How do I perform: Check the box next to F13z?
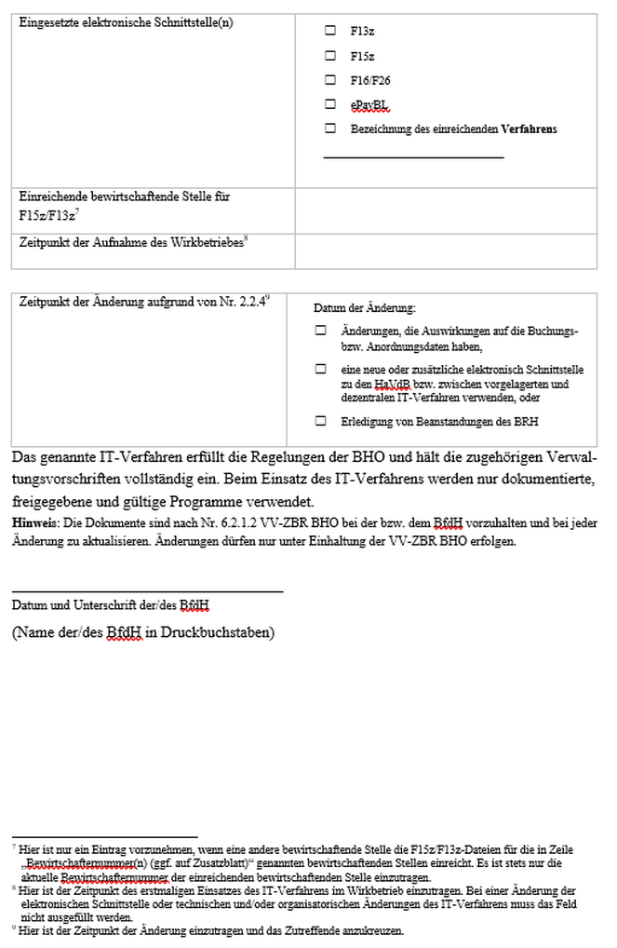click(x=330, y=31)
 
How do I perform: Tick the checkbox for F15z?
click(x=330, y=55)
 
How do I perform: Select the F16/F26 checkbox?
click(x=330, y=79)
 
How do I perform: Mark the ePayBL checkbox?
click(x=330, y=104)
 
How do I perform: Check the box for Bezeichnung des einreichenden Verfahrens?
click(x=330, y=129)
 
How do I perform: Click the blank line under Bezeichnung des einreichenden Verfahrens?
click(x=413, y=156)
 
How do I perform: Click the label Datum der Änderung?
click(x=364, y=308)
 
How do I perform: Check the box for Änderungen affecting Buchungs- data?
click(x=320, y=331)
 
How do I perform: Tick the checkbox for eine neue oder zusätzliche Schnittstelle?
click(x=320, y=369)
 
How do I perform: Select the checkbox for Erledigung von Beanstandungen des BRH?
click(x=320, y=421)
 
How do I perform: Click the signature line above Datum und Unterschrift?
click(x=147, y=590)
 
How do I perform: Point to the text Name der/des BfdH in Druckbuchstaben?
click(x=142, y=632)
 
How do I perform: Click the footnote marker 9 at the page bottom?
click(x=14, y=928)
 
